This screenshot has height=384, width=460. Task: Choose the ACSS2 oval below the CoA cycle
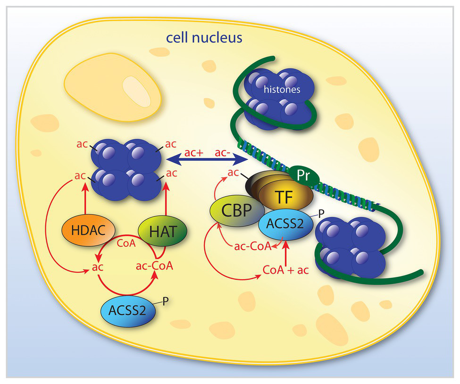tap(125, 310)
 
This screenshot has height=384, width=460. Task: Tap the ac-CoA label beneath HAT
tap(154, 266)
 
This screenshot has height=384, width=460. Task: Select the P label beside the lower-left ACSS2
tap(166, 300)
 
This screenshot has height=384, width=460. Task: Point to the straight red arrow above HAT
tap(166, 199)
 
